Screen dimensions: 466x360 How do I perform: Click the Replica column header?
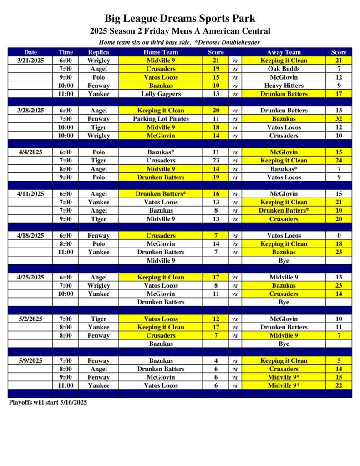click(x=98, y=52)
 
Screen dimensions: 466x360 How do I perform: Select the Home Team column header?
click(x=161, y=52)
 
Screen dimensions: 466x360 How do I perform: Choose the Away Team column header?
click(x=284, y=52)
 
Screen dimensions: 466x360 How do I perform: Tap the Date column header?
click(x=30, y=52)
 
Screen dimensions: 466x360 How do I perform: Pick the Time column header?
click(x=66, y=52)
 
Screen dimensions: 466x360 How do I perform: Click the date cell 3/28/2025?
click(x=30, y=111)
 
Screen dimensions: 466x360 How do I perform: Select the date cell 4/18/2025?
click(x=30, y=236)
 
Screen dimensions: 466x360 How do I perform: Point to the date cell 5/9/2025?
click(x=30, y=361)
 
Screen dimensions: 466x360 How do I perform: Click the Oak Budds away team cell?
click(x=284, y=69)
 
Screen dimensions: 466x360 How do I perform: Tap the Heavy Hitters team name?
click(x=284, y=86)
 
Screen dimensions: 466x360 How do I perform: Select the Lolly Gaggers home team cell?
click(x=161, y=94)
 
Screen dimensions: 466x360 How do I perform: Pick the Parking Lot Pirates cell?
click(x=161, y=119)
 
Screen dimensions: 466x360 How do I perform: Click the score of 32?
click(x=339, y=119)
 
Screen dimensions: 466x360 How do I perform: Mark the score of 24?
click(x=339, y=161)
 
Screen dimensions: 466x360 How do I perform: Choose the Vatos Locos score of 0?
click(x=339, y=236)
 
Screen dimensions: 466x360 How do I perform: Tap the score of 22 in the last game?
click(x=339, y=385)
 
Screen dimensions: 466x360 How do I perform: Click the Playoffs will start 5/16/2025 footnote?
click(x=48, y=402)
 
